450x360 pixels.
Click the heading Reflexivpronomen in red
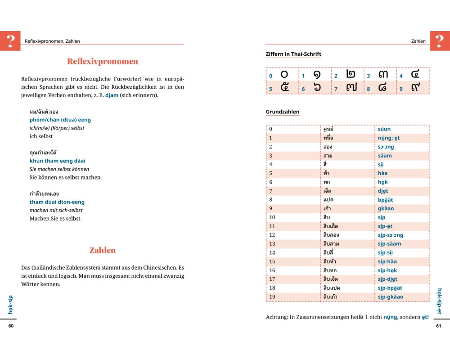tap(103, 61)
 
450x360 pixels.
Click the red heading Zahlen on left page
tap(103, 250)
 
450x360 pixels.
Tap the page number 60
tap(11, 326)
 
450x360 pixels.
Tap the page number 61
tap(439, 326)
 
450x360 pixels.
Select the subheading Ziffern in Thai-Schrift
tap(293, 54)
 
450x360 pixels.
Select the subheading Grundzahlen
tap(282, 112)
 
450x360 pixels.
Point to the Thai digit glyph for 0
tap(284, 75)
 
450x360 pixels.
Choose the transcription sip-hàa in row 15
tap(387, 261)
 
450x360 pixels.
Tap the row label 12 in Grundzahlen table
tap(272, 235)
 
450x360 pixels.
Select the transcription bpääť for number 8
tap(385, 200)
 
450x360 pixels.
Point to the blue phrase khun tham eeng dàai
tap(57, 161)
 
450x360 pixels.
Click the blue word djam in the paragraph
tap(112, 95)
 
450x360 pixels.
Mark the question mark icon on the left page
tap(10, 40)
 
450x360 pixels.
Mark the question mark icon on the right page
tap(440, 40)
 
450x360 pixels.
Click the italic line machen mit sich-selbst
tap(56, 210)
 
